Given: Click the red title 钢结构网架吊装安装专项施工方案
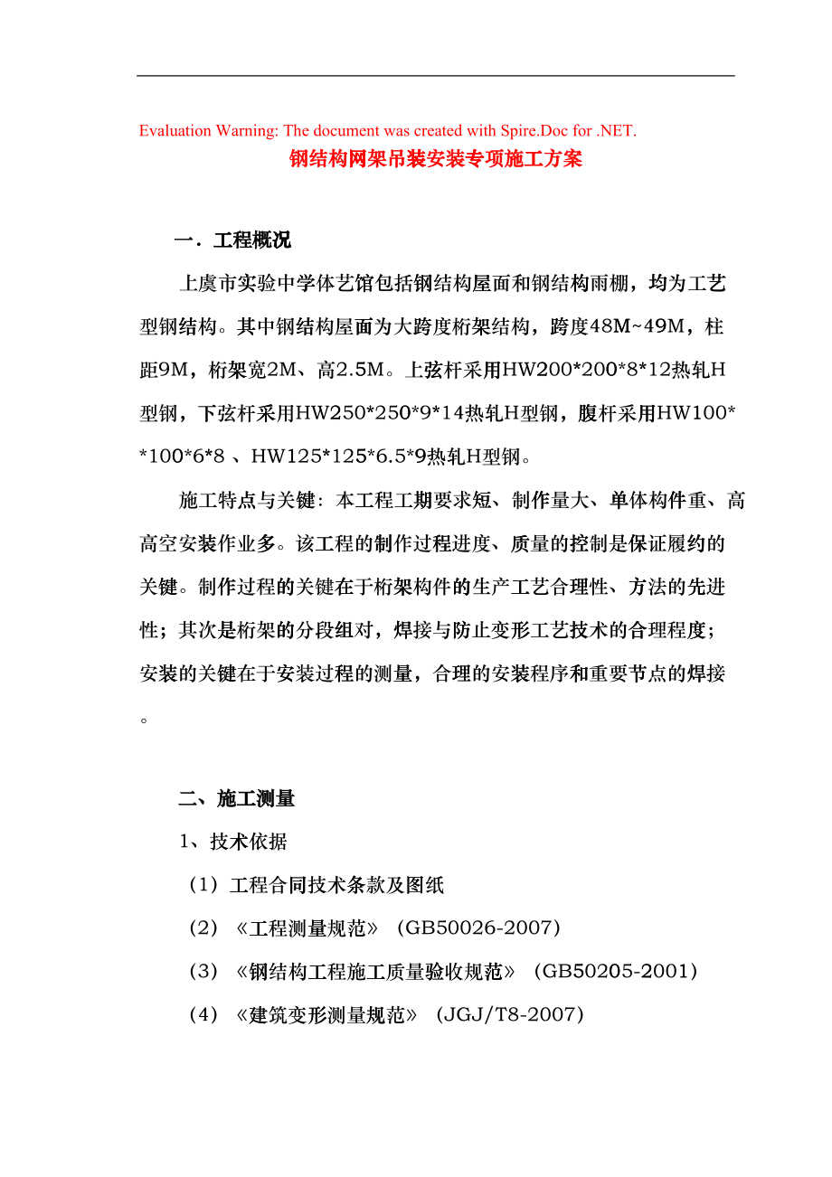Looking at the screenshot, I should pos(435,160).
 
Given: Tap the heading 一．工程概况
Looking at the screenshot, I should pos(232,240).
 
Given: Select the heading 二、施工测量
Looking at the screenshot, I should pos(236,799).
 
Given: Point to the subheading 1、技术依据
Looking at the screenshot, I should pos(232,843).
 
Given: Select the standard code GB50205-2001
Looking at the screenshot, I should pos(616,972).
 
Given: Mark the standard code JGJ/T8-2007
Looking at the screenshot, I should pos(510,1015).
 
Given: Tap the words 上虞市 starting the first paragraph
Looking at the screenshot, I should pos(208,284).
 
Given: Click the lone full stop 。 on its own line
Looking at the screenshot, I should pos(145,720).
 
